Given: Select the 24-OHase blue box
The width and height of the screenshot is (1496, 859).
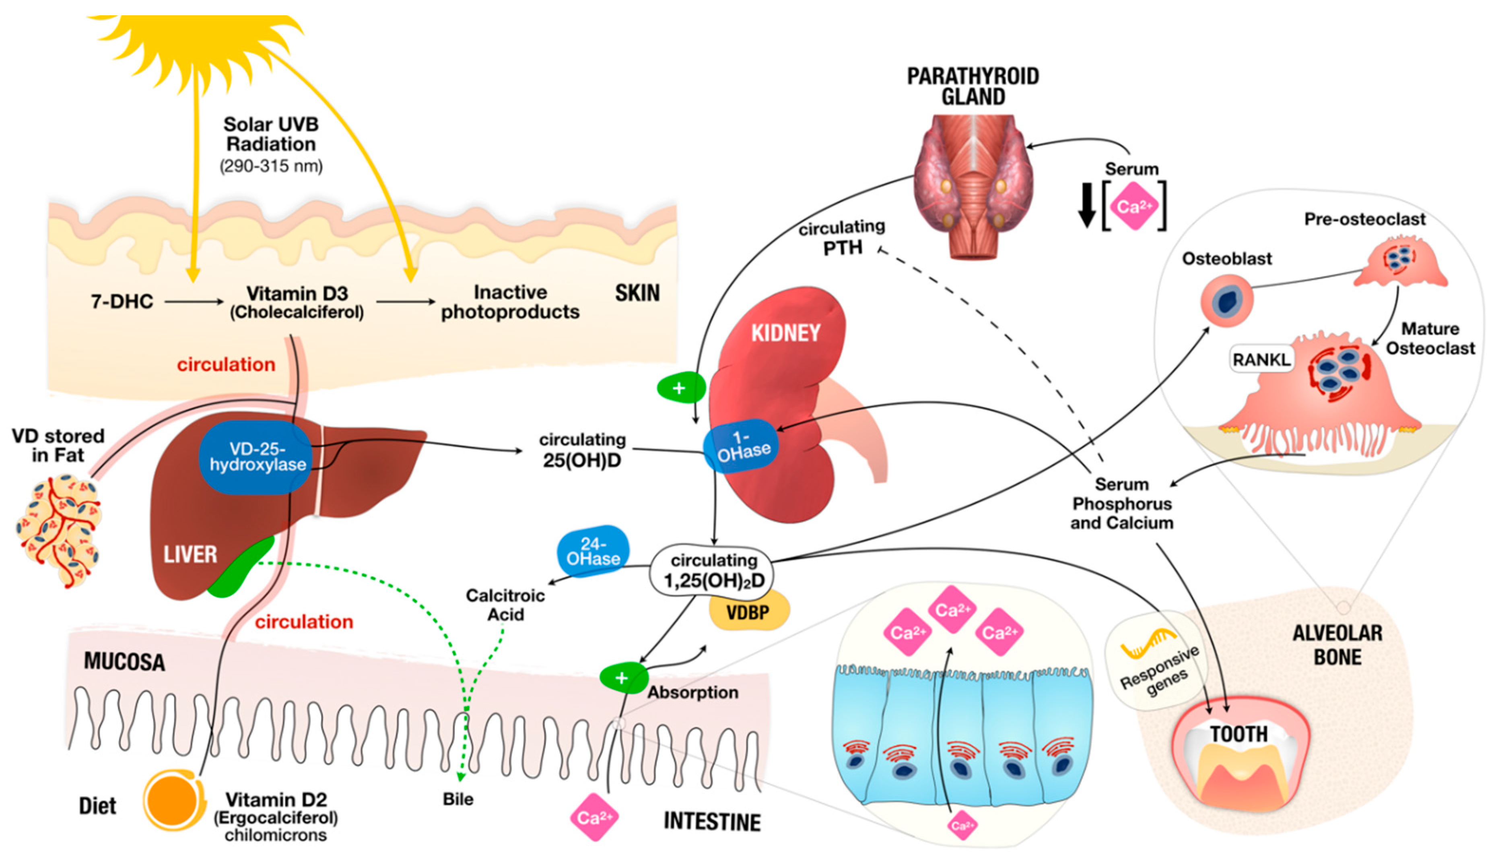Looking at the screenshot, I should tap(593, 551).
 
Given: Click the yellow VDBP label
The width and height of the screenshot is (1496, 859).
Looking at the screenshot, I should tap(748, 612).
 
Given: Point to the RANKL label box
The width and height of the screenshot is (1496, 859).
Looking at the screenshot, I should tap(1261, 359).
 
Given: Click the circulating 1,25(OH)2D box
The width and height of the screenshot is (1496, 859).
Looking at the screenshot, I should tap(712, 570).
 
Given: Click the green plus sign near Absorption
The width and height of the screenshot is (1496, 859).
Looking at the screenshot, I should tap(622, 677).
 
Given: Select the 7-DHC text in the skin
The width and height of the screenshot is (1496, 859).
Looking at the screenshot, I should tap(122, 301).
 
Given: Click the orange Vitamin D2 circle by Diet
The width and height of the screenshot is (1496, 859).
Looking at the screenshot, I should tap(172, 801).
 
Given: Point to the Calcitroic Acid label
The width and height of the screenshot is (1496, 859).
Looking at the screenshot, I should tap(505, 605).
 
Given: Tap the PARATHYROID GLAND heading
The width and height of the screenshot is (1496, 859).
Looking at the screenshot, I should tap(973, 86).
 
